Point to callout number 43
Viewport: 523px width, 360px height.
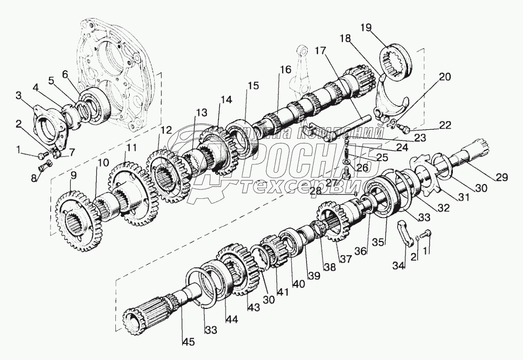250,308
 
